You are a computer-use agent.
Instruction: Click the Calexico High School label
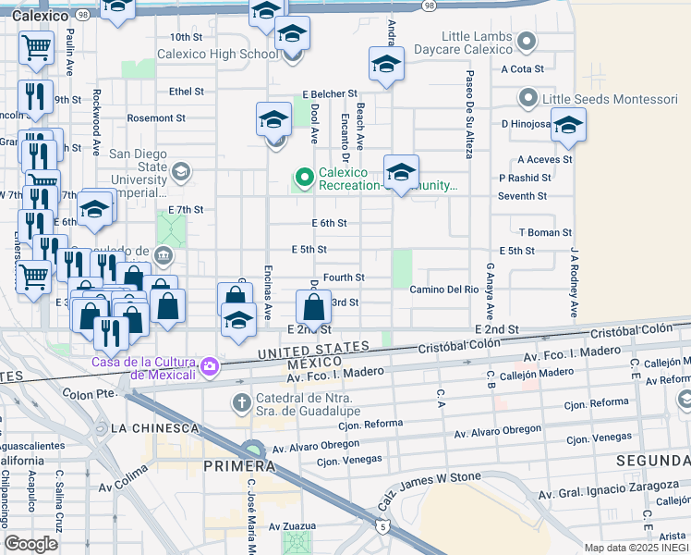(x=217, y=54)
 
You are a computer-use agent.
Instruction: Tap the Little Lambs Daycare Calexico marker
(x=527, y=42)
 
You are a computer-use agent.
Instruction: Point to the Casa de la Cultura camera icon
(x=210, y=367)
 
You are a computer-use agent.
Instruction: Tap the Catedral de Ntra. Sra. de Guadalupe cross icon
(x=242, y=402)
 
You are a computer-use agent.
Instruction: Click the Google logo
(x=31, y=544)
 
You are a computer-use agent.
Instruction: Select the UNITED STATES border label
(x=313, y=349)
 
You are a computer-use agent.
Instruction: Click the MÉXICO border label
(x=309, y=364)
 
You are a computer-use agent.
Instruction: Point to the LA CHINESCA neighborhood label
(x=154, y=428)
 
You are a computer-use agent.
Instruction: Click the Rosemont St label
(x=156, y=117)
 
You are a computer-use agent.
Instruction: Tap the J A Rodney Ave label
(x=574, y=283)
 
